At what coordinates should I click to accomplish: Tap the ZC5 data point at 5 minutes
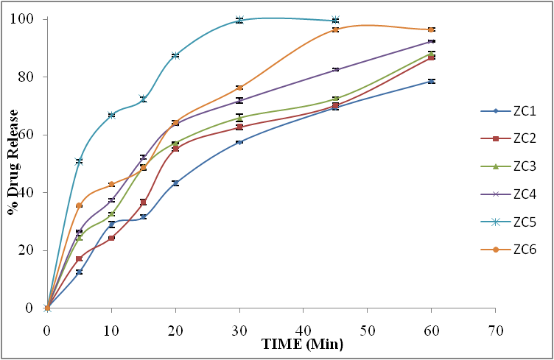coord(79,160)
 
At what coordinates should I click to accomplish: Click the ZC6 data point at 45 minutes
coord(335,29)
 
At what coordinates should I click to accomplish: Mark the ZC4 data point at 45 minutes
coord(335,69)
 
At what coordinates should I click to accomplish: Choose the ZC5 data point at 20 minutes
coord(175,55)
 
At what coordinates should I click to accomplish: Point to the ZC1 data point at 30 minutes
coord(239,141)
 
